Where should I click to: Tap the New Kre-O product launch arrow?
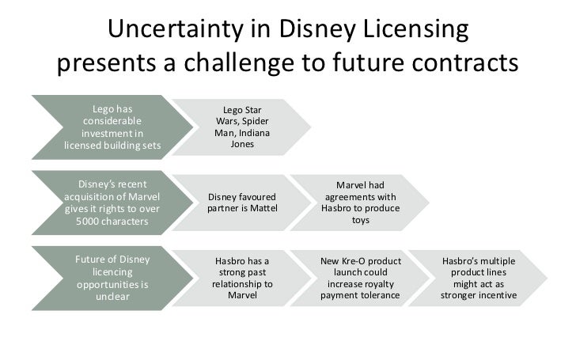pos(360,278)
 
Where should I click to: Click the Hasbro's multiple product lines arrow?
pos(479,278)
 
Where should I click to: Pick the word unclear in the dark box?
pos(112,297)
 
